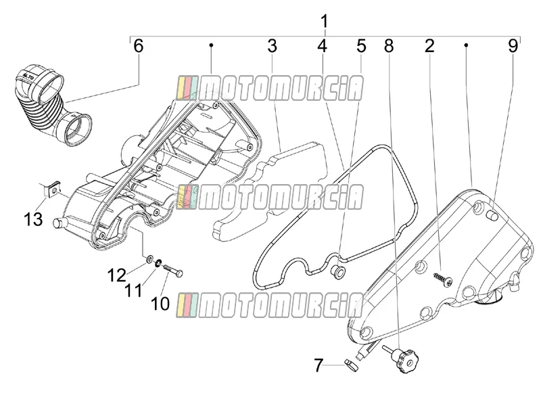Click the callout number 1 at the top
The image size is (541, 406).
click(x=325, y=22)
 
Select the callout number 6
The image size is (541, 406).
click(x=138, y=46)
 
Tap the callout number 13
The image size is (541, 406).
click(x=33, y=219)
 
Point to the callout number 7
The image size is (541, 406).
click(x=319, y=365)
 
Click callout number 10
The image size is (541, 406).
click(x=160, y=303)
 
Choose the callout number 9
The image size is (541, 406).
click(x=513, y=46)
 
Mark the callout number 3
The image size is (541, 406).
click(x=273, y=46)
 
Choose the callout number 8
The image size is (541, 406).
click(x=389, y=46)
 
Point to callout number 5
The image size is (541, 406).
click(x=361, y=46)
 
